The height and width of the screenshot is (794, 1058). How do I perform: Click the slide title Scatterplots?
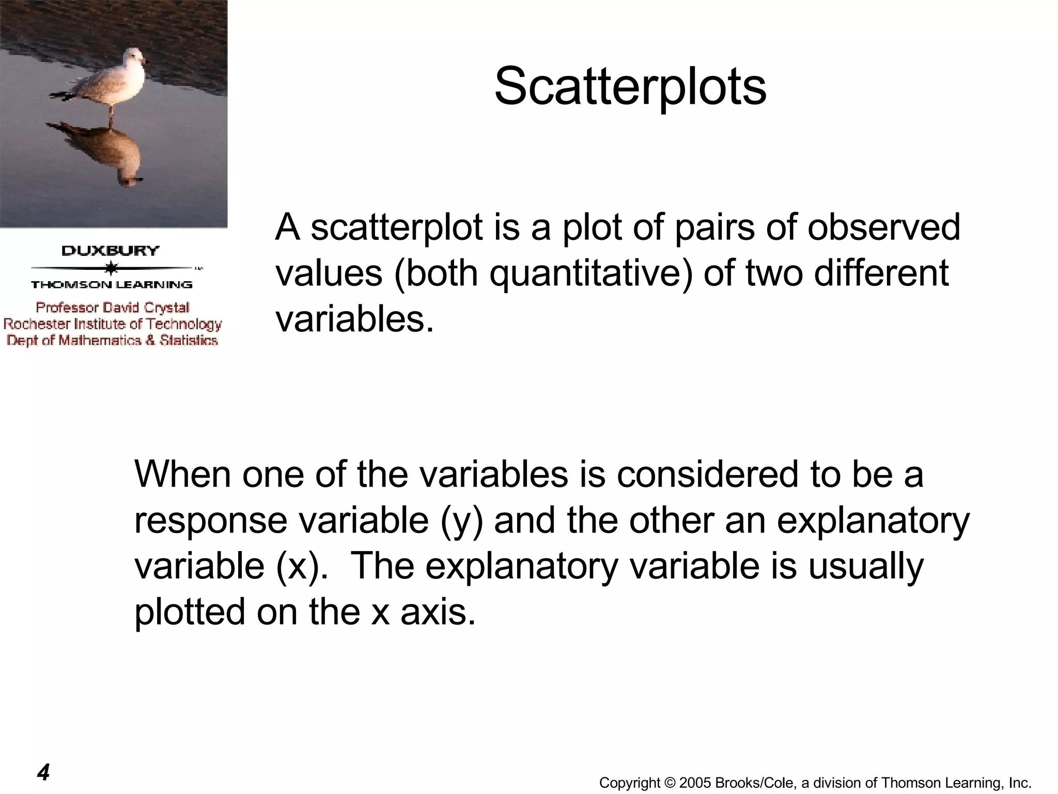tap(630, 86)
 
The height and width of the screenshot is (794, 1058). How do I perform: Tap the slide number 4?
tap(43, 772)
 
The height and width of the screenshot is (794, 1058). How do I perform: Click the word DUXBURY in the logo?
tap(111, 251)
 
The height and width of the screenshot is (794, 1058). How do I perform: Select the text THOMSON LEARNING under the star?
tap(112, 285)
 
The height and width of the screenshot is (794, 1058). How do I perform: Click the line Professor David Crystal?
tap(113, 308)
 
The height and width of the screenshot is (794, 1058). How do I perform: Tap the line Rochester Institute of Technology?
tap(113, 324)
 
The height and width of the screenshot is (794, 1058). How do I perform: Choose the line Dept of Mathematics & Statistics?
tap(112, 340)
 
